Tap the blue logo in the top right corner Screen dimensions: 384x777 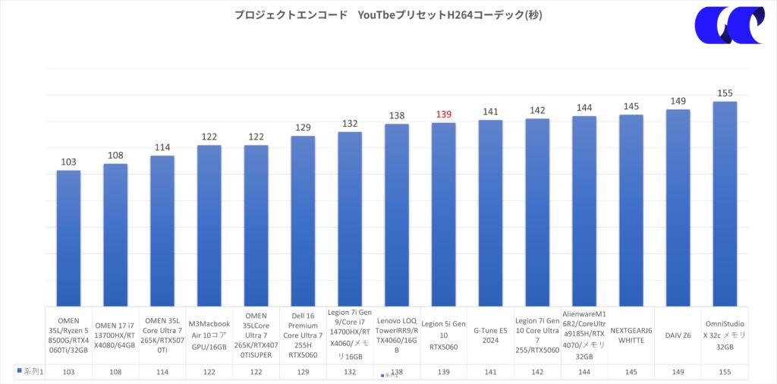pos(728,24)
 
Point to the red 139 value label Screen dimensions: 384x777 pos(444,115)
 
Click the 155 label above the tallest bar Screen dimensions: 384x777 pos(725,93)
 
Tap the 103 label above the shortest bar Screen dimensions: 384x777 pos(68,162)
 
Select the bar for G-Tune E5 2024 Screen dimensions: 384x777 pos(490,212)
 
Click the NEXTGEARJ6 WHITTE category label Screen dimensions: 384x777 pos(631,335)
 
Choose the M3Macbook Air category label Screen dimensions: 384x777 pos(209,335)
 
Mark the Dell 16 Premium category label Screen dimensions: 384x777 pos(303,335)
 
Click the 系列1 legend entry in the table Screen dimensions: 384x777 pos(30,372)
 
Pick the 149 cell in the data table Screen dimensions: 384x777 pos(678,373)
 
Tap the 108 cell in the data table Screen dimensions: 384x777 pos(115,373)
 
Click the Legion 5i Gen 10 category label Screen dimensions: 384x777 pos(444,335)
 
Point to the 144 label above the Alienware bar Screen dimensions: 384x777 pos(584,108)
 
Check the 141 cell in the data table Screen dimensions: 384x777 pos(490,373)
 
